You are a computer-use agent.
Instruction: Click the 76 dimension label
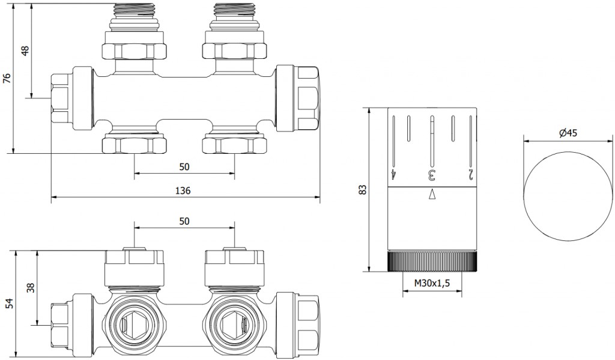tap(7, 79)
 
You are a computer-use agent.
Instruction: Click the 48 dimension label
tap(25, 50)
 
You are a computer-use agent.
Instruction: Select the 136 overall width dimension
tap(183, 190)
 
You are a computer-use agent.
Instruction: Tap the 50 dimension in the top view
tap(184, 166)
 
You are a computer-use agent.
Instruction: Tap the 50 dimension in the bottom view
tap(184, 221)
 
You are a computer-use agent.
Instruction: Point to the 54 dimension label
tap(8, 304)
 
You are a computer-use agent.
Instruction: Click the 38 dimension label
tap(30, 288)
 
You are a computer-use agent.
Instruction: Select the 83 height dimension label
tap(362, 190)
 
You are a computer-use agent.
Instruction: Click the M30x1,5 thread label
tap(432, 282)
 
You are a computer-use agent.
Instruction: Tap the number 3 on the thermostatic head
tap(431, 175)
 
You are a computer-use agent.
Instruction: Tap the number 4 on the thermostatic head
tap(393, 175)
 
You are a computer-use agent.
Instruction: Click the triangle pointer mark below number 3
tap(432, 194)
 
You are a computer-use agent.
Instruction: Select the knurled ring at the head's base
tap(432, 261)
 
